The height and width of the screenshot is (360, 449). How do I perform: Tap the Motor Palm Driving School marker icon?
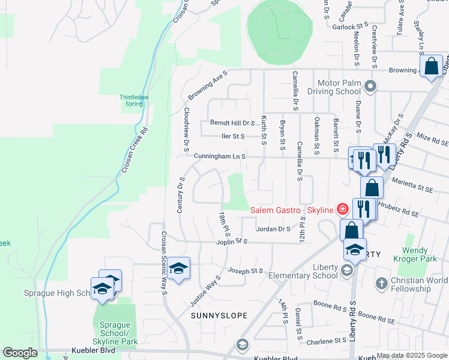pos(370,86)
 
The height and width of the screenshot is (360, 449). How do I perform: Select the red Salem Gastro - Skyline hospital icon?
pos(342,209)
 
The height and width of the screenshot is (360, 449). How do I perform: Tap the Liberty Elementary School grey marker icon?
pos(346,271)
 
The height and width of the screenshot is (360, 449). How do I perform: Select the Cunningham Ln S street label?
pos(220,156)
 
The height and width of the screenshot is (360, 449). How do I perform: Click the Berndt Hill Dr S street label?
pos(234,122)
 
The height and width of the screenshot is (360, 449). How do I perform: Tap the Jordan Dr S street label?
pos(273,229)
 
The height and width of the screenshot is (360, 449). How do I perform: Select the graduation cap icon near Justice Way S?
pos(178,269)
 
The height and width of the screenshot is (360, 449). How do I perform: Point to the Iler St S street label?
pos(233,136)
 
